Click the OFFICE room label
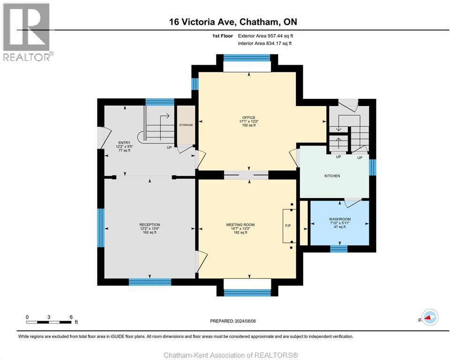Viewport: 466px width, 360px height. coord(249,118)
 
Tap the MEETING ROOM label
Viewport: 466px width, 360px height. coord(241,225)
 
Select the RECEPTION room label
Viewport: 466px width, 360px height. coord(150,225)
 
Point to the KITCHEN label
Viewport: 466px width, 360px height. coord(332,176)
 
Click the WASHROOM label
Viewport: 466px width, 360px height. coord(340,219)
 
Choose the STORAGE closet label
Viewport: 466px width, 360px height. coord(186,125)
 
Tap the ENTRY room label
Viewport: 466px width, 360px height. coord(124,142)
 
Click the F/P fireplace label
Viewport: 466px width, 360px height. coord(288,225)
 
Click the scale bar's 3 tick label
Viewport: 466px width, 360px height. coord(49,317)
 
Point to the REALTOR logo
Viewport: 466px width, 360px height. coord(28,32)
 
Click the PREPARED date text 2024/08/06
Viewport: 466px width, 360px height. coord(245,321)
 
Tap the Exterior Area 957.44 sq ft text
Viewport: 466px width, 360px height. coord(265,36)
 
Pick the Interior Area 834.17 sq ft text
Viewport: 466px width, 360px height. coord(264,44)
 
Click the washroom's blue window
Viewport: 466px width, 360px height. coord(339,249)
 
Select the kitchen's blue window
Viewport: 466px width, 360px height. coord(373,167)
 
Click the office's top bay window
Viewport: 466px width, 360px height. coord(247,58)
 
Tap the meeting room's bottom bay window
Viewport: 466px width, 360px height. coord(247,293)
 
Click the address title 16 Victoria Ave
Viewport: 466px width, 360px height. coord(203,22)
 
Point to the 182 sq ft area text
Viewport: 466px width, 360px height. coord(241,232)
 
